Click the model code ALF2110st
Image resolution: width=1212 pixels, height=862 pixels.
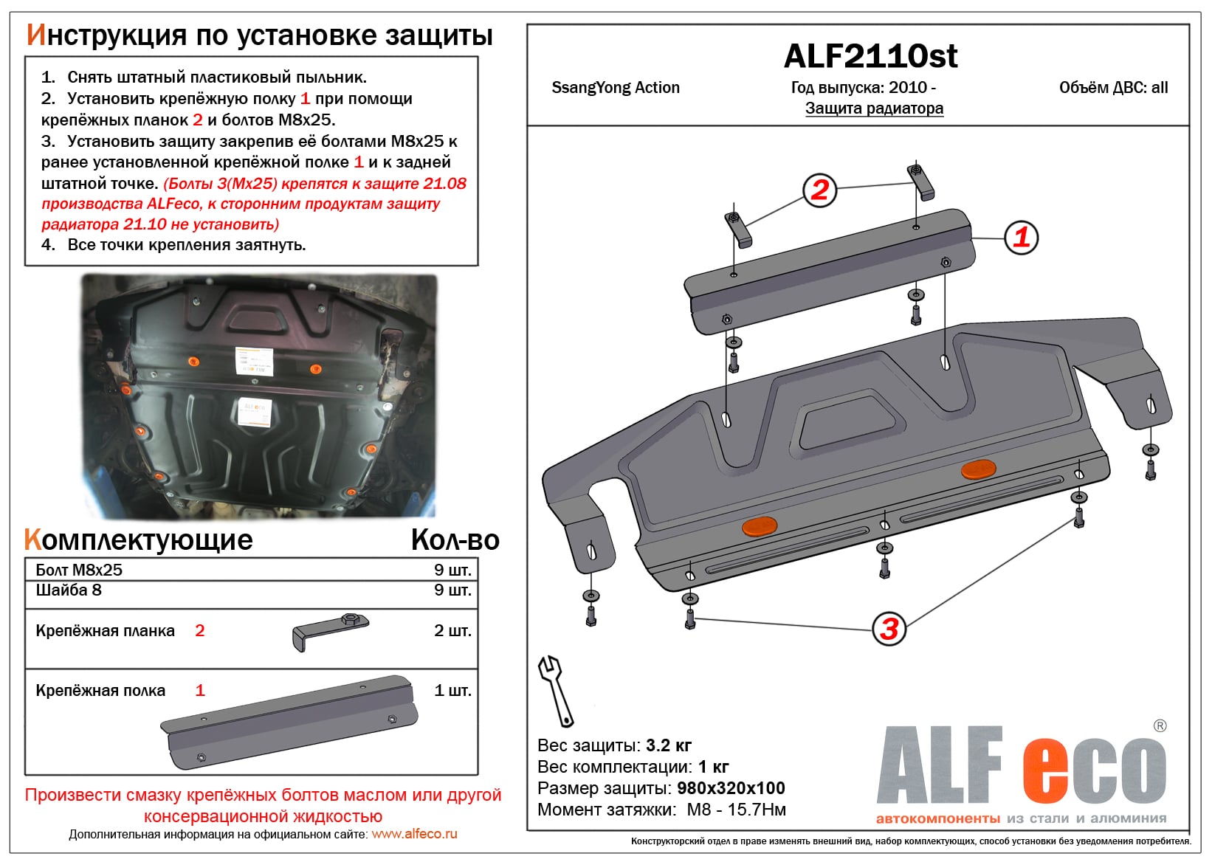click(870, 56)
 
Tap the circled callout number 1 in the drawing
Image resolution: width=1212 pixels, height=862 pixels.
click(1022, 238)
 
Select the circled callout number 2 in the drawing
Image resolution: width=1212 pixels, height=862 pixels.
click(819, 190)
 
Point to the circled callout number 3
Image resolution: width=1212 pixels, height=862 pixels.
click(889, 629)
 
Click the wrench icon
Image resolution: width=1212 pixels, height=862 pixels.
click(555, 691)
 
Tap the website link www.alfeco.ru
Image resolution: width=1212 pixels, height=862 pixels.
click(414, 834)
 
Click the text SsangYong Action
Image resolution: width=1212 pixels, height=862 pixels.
click(616, 88)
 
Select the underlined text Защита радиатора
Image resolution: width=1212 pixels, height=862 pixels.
click(874, 108)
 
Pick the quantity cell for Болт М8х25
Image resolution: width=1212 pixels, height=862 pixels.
click(452, 570)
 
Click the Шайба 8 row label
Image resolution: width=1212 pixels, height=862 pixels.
click(69, 590)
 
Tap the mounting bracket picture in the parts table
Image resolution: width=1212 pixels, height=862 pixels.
click(331, 631)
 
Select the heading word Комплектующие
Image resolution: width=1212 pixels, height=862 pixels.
click(139, 540)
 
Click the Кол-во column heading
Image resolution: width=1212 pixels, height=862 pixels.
click(455, 540)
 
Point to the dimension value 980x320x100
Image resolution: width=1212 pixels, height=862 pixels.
click(731, 788)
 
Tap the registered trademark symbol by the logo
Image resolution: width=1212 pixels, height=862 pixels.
click(1160, 726)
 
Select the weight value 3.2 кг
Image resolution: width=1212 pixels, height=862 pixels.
click(668, 745)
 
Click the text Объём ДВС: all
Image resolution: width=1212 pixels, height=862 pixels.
click(1113, 88)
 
